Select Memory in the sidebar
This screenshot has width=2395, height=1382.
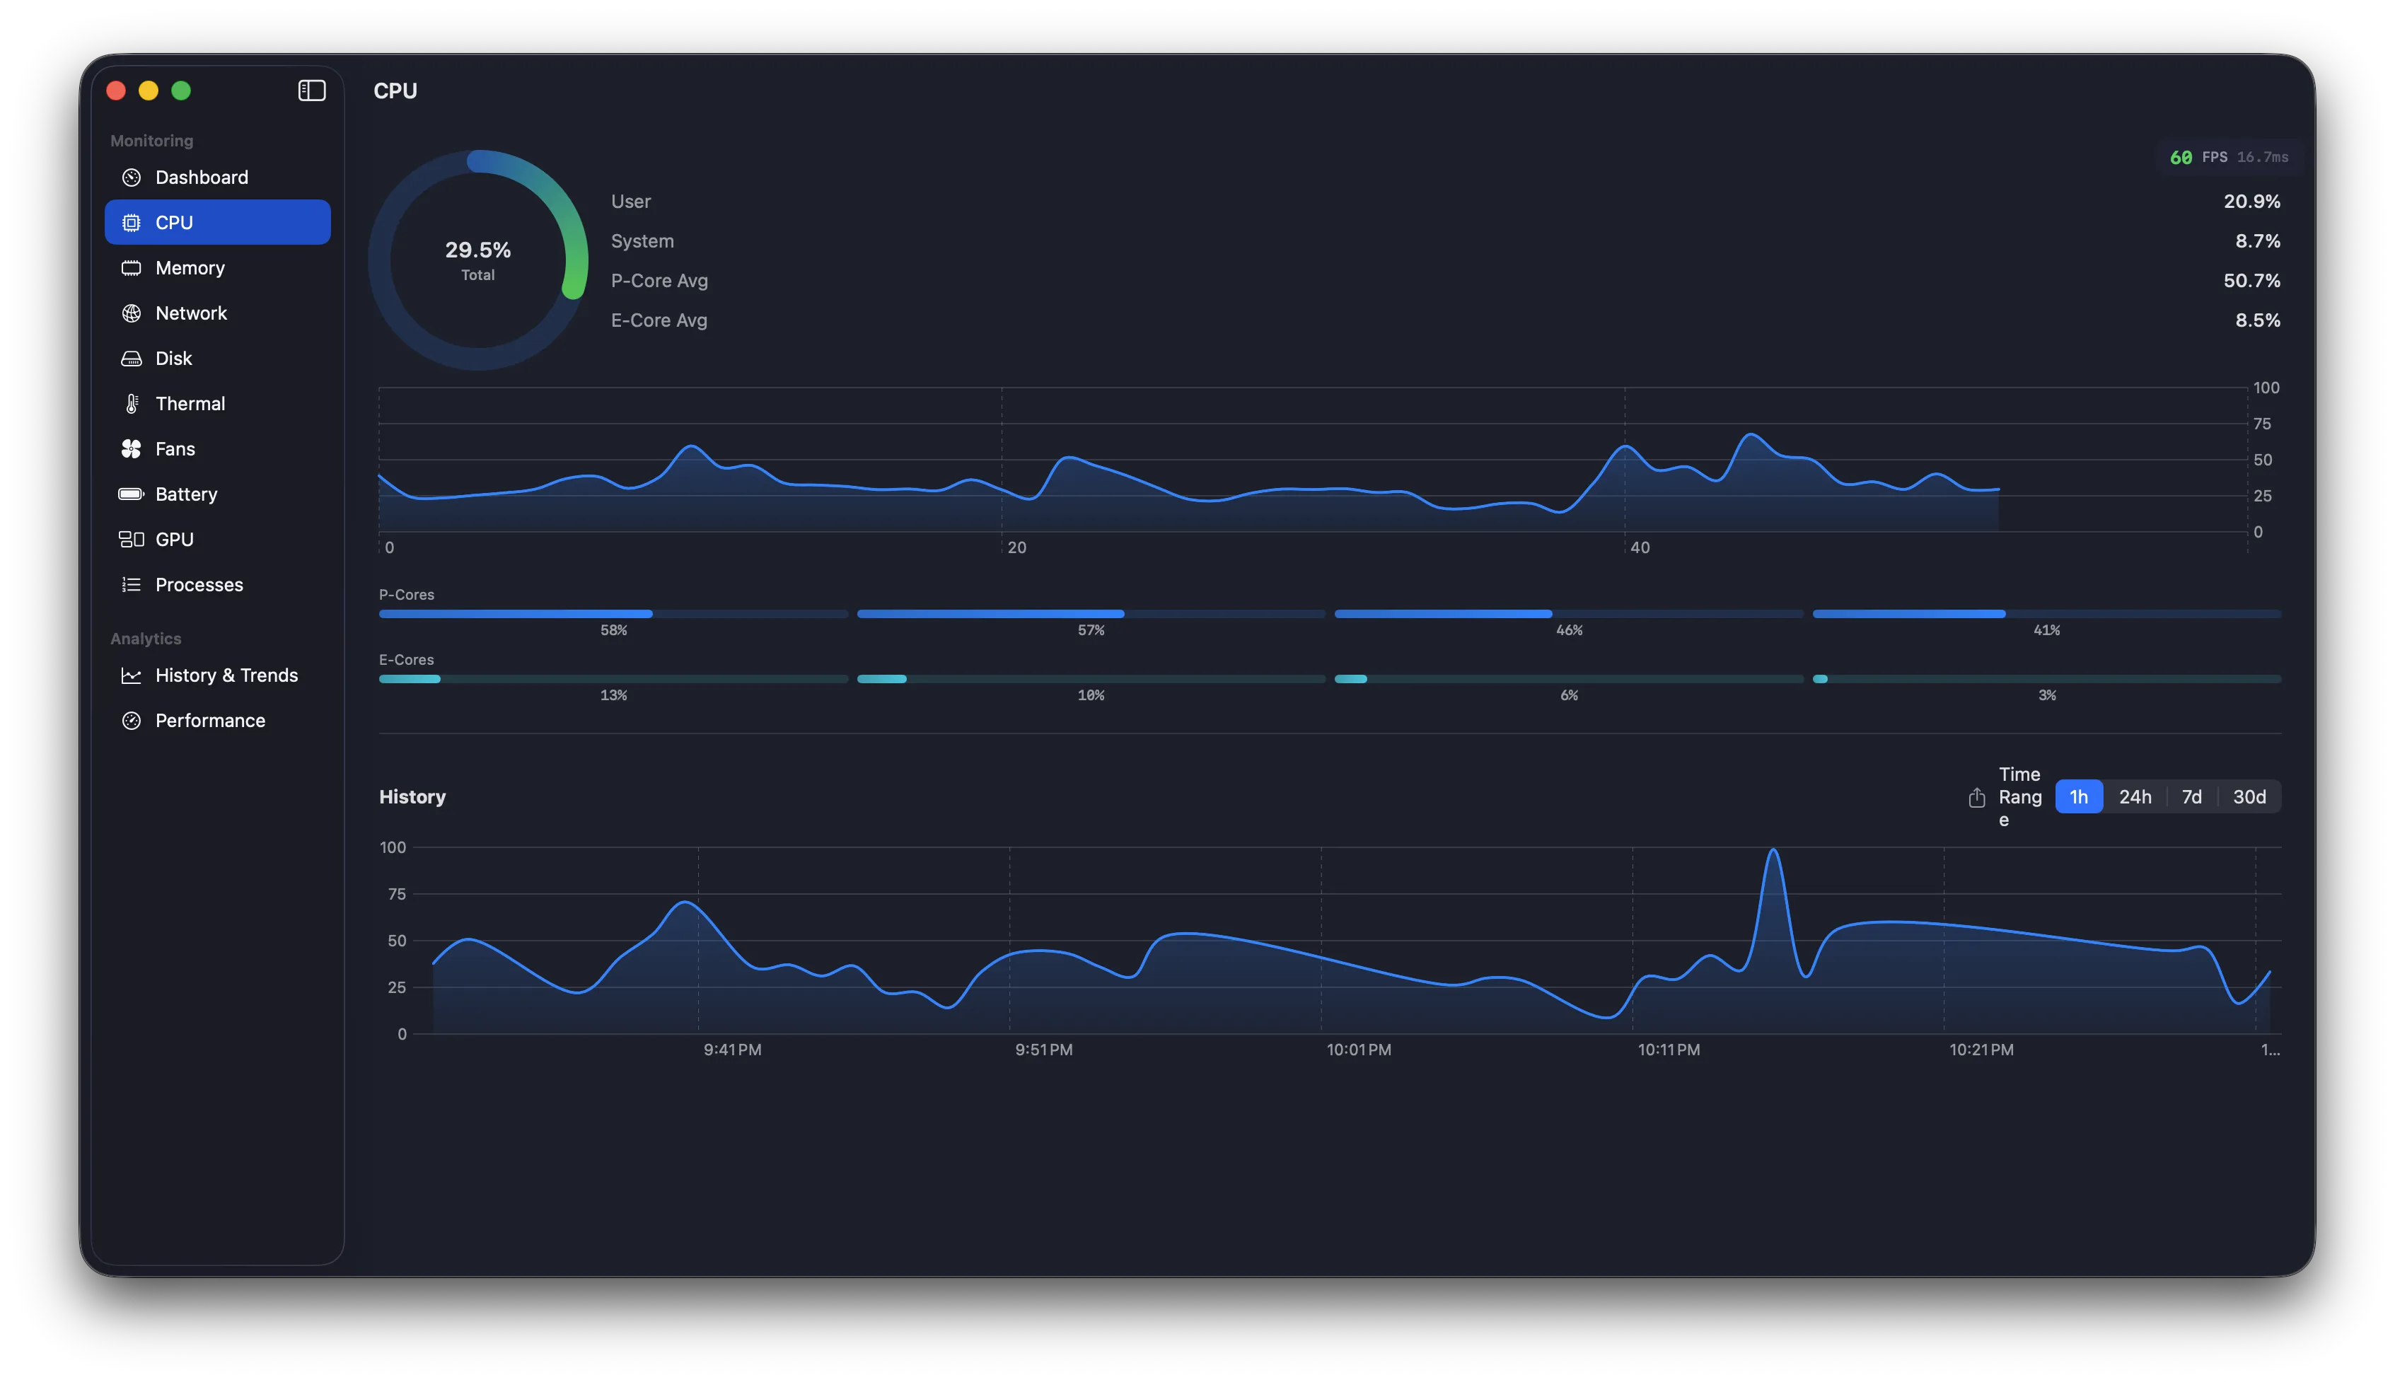click(190, 267)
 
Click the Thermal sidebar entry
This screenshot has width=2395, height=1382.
click(190, 403)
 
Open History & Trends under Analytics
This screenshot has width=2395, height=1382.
click(226, 675)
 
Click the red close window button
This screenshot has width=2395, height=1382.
click(116, 90)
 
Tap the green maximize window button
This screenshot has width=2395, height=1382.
click(181, 90)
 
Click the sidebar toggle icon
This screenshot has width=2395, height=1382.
click(311, 90)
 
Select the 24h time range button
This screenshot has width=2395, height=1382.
click(2135, 796)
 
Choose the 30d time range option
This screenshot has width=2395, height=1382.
click(2249, 796)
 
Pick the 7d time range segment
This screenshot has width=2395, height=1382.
click(2191, 796)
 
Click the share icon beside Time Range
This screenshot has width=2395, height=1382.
click(1976, 797)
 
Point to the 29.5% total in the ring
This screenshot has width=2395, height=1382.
click(477, 250)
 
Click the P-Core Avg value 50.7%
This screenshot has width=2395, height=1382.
click(2251, 281)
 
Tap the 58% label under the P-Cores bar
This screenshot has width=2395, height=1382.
click(613, 630)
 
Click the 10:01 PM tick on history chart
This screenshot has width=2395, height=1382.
click(1358, 1050)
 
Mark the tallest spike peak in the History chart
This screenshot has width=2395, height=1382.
click(1773, 849)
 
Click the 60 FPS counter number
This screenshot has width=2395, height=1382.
click(2181, 158)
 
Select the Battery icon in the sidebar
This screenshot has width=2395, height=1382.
click(131, 494)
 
